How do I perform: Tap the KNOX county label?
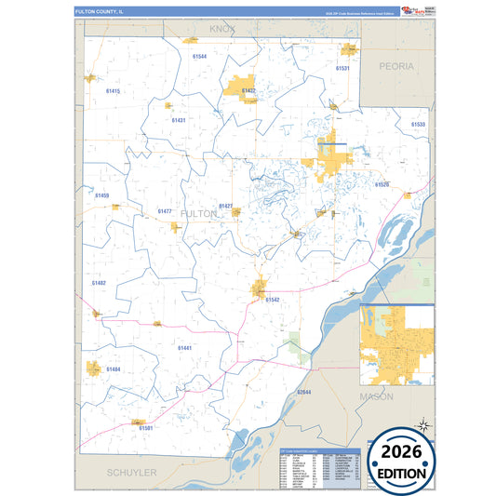pos(222,30)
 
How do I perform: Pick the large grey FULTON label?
pos(200,213)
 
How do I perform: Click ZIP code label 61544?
pos(199,57)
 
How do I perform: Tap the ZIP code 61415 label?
pos(114,91)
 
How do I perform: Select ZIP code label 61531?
pos(342,69)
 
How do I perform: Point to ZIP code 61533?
pos(418,124)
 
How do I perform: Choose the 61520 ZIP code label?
pos(382,185)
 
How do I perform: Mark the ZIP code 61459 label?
pos(102,195)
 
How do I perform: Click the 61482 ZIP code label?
pos(99,282)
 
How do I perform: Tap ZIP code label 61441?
pos(184,346)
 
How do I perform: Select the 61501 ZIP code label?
pos(144,427)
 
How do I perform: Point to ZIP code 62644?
pos(303,393)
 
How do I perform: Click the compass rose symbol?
pos(423,424)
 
